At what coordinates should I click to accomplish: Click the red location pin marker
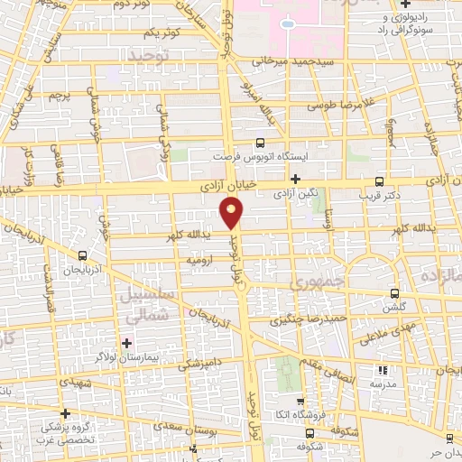[x=232, y=213]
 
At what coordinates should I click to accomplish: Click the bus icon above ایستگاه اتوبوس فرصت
[x=261, y=143]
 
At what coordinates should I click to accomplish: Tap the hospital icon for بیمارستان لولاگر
[x=127, y=344]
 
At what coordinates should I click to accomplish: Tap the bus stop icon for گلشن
[x=395, y=292]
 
